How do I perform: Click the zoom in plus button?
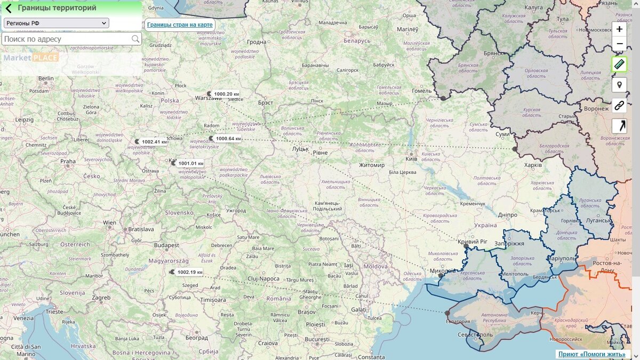tap(619, 29)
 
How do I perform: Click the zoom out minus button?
tap(619, 44)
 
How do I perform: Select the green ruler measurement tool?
tap(619, 65)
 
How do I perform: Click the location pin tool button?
tap(619, 85)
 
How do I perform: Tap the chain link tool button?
tap(619, 105)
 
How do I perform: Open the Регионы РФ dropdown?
tap(56, 23)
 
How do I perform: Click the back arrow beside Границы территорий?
tap(9, 8)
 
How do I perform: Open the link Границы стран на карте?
tap(180, 25)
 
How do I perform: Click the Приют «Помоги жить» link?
tap(591, 354)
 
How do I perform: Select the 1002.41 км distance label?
tap(154, 142)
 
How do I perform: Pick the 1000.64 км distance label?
tap(228, 139)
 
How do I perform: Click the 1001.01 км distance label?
tap(190, 163)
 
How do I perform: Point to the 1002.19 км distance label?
tap(189, 272)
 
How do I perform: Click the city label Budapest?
tap(166, 245)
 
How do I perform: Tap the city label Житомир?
tap(371, 165)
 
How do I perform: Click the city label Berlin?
tap(46, 78)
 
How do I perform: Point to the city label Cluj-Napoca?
tap(263, 278)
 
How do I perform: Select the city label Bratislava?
tap(141, 229)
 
